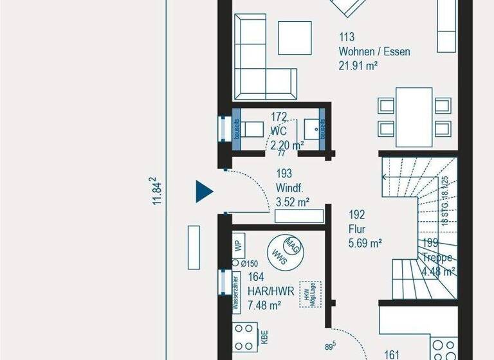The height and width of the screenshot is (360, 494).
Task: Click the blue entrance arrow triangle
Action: (x=204, y=191)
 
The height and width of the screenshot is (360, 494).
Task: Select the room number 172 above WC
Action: (x=279, y=117)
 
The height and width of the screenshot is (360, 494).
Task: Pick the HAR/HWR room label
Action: (x=271, y=291)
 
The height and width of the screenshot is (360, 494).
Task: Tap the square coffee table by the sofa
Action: (x=296, y=37)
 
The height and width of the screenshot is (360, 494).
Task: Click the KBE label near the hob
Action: (x=264, y=336)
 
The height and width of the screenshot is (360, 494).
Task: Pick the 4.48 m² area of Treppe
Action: (x=438, y=271)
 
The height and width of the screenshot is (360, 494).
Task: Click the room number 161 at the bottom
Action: (x=392, y=353)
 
